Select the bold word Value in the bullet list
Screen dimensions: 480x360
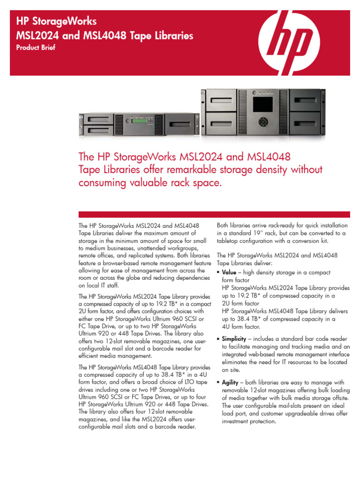(229, 272)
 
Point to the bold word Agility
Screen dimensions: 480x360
(231, 382)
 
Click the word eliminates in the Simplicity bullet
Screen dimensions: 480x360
(236, 362)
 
